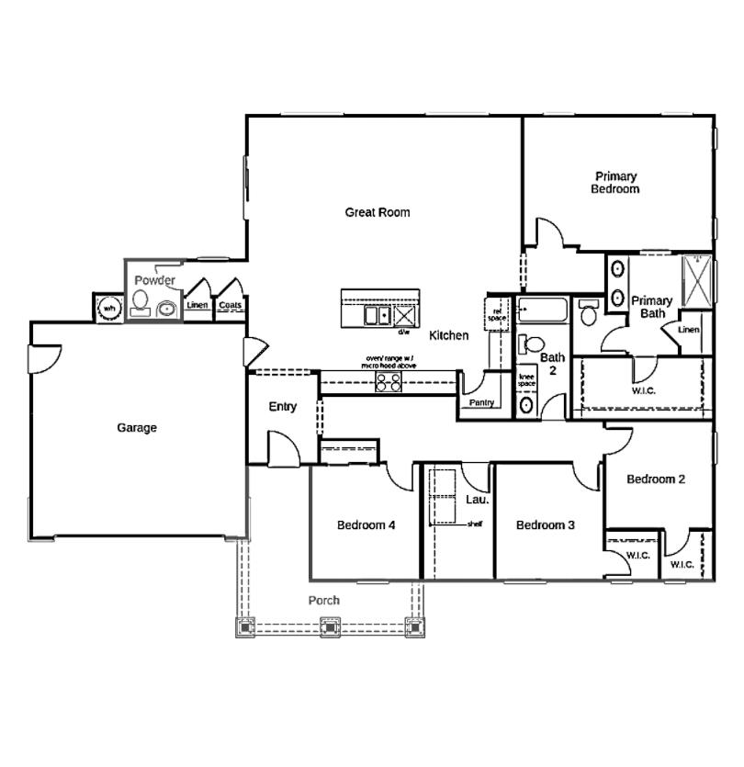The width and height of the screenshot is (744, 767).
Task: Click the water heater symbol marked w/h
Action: coord(108,308)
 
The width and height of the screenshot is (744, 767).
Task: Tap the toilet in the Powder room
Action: coord(141,301)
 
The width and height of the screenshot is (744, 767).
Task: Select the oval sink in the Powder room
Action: coord(167,310)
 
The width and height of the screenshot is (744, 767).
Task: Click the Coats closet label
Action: coord(230,306)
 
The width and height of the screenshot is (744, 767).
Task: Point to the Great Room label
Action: coord(377,212)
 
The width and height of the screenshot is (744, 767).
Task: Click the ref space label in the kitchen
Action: coord(499,313)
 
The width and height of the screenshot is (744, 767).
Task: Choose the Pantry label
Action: coord(481,403)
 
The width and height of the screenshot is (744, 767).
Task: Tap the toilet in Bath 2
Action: coord(528,345)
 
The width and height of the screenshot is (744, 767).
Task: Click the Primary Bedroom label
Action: coord(615,183)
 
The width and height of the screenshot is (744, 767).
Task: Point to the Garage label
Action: coord(137,428)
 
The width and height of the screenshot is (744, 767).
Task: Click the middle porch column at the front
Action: coord(330,628)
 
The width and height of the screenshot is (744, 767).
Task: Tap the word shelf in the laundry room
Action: coord(474,524)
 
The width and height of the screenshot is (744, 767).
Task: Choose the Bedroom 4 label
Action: coord(366,525)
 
